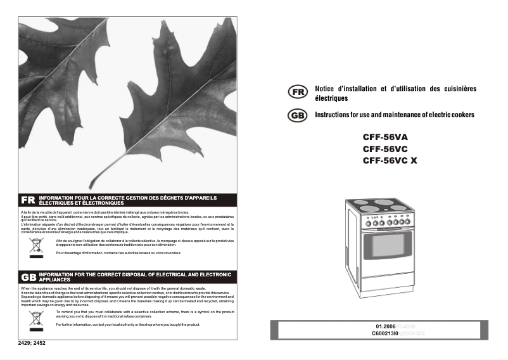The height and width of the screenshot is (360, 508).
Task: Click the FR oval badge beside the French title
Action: [297, 93]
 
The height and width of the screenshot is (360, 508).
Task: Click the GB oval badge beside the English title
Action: [297, 115]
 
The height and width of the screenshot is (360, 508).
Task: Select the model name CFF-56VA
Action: [385, 136]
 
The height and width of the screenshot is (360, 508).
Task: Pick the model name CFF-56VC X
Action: [390, 160]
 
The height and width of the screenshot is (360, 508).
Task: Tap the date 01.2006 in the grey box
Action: [385, 326]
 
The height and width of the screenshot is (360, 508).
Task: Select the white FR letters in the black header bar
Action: [28, 200]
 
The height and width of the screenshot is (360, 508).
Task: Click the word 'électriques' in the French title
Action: [331, 99]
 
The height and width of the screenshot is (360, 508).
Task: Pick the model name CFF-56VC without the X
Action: [384, 148]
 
